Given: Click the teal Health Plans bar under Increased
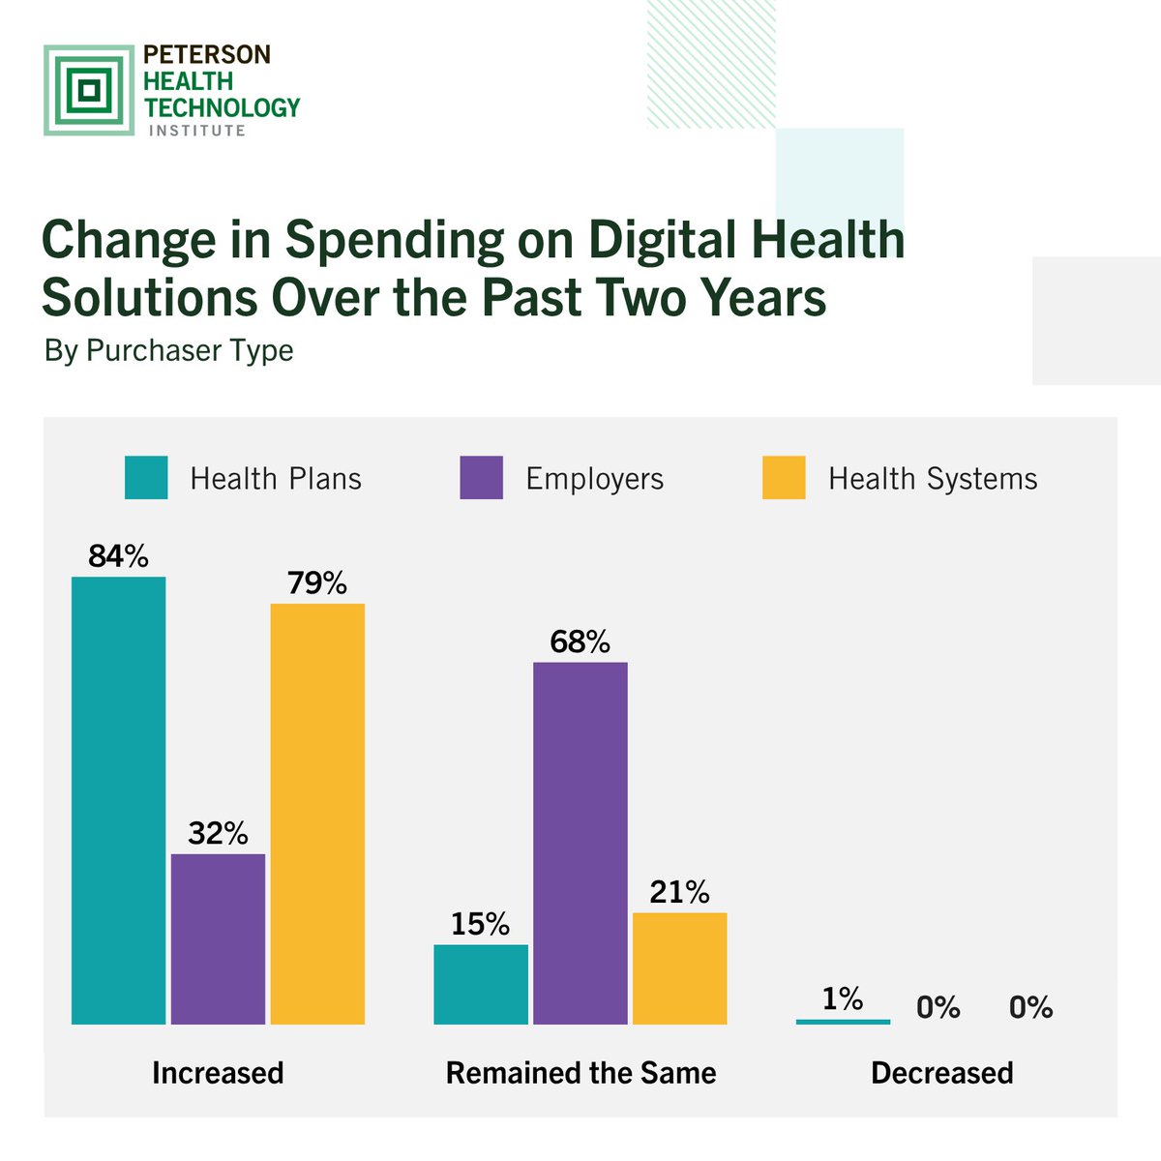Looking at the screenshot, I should coord(119,800).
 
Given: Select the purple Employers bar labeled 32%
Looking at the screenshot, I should coord(218,938).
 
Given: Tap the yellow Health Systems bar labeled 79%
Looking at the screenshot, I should coord(317,814).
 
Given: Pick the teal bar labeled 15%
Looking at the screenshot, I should coord(481,984).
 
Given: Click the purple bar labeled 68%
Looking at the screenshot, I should coord(580,843).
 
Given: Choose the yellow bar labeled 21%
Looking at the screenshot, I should coord(679,967).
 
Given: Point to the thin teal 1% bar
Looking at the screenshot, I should coord(843,1021).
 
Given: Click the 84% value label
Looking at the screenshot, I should coord(118,556).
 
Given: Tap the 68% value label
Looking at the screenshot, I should coord(580,641).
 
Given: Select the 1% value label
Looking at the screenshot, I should coord(842,998).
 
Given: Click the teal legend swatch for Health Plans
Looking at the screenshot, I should coord(146,478).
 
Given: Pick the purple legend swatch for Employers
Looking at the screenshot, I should coord(482,478).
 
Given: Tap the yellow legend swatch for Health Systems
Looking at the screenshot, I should coord(784,478).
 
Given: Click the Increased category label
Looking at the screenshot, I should coord(218,1073).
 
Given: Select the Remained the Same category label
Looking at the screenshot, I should coord(580,1073).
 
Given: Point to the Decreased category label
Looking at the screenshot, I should coord(941,1073).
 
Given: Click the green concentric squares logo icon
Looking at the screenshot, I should coord(89,90).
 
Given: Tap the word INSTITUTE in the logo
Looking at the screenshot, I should coord(196,131).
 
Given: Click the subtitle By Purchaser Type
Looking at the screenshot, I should coord(168,350).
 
